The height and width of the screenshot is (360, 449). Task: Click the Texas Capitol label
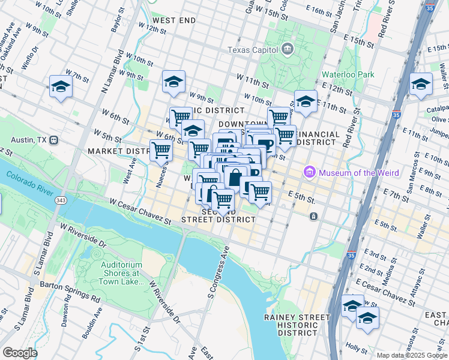pyautogui.click(x=252, y=49)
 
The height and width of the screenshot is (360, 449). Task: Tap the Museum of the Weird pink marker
pyautogui.click(x=310, y=173)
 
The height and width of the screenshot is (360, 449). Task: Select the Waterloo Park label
pyautogui.click(x=348, y=74)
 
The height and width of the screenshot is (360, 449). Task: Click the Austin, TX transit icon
pyautogui.click(x=54, y=140)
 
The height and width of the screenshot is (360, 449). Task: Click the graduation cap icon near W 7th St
pyautogui.click(x=61, y=87)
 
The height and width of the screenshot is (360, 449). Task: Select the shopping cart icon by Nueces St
pyautogui.click(x=161, y=151)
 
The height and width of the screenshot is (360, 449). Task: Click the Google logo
pyautogui.click(x=20, y=353)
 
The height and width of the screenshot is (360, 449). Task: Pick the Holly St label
pyautogui.click(x=357, y=347)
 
